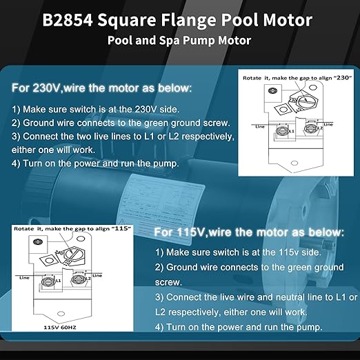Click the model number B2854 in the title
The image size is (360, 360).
tap(68, 19)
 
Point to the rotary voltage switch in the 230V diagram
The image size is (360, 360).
tap(298, 103)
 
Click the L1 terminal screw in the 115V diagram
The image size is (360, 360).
tap(48, 280)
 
